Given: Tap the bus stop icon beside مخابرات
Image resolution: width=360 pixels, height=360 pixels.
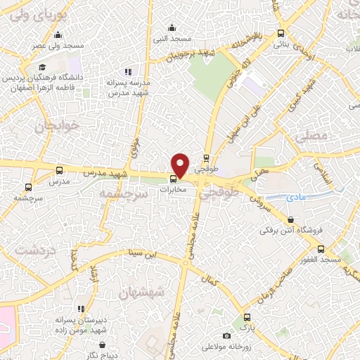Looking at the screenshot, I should click(x=174, y=178).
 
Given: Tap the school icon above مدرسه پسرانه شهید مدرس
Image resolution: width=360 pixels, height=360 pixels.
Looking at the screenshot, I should click(x=127, y=72).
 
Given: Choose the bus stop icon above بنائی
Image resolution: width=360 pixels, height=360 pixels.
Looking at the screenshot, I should click(x=281, y=33).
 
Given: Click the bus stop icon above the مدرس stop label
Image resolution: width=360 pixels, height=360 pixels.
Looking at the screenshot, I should click(x=59, y=170).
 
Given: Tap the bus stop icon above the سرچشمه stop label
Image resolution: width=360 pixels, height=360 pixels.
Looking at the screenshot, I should click(x=28, y=187).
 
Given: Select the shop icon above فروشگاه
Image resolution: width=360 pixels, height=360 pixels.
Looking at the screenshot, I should click(x=290, y=219).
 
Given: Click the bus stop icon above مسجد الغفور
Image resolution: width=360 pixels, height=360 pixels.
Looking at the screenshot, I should click(x=321, y=249).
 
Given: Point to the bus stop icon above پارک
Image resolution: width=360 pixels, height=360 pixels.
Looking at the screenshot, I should click(x=246, y=317).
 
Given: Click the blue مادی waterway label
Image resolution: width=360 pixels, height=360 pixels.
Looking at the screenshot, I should click(x=299, y=198).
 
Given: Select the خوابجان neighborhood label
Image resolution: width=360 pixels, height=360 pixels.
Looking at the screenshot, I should click(x=45, y=126).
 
